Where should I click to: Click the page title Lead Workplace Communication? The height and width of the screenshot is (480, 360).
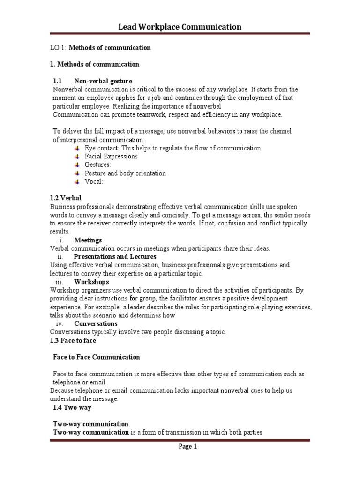[x=180, y=27]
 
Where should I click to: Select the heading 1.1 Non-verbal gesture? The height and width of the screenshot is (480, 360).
[x=92, y=81]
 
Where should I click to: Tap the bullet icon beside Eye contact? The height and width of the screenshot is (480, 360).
[x=77, y=148]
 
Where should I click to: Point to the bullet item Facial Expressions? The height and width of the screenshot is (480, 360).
[x=111, y=157]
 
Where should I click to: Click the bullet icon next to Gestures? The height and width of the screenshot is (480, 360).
[x=77, y=165]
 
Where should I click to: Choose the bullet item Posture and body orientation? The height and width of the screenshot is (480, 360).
[x=125, y=173]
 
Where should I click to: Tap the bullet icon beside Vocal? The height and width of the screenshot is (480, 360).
[x=77, y=181]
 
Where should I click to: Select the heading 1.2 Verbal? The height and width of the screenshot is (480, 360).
[x=66, y=198]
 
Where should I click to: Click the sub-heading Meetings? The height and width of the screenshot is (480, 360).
[x=88, y=240]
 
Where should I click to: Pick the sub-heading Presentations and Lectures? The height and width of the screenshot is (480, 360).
[x=115, y=257]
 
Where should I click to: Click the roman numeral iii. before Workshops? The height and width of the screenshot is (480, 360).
[x=59, y=282]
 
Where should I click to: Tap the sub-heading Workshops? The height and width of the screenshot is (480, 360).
[x=91, y=282]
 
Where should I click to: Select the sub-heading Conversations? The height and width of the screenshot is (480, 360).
[x=96, y=323]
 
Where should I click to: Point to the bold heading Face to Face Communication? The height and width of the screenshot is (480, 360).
[x=96, y=357]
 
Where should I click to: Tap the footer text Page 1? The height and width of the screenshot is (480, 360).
[x=188, y=447]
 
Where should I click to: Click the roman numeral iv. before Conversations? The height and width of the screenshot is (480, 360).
[x=60, y=323]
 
